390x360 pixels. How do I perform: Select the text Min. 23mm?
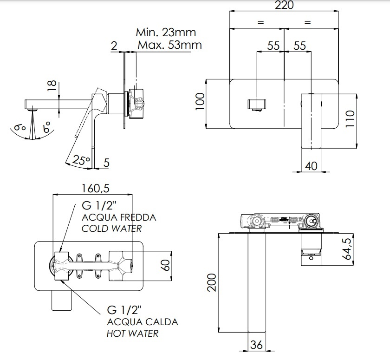(x=166, y=33)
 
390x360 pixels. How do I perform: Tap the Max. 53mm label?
(x=169, y=45)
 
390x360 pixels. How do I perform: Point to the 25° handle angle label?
(x=81, y=161)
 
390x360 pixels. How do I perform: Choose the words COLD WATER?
(x=111, y=229)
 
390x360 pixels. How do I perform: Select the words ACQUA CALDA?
(x=143, y=322)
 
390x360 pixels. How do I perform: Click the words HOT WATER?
(x=132, y=334)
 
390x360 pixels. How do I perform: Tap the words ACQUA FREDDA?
(x=119, y=217)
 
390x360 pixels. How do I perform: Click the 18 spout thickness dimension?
(x=52, y=85)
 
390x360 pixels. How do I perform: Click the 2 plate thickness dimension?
(x=114, y=45)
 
